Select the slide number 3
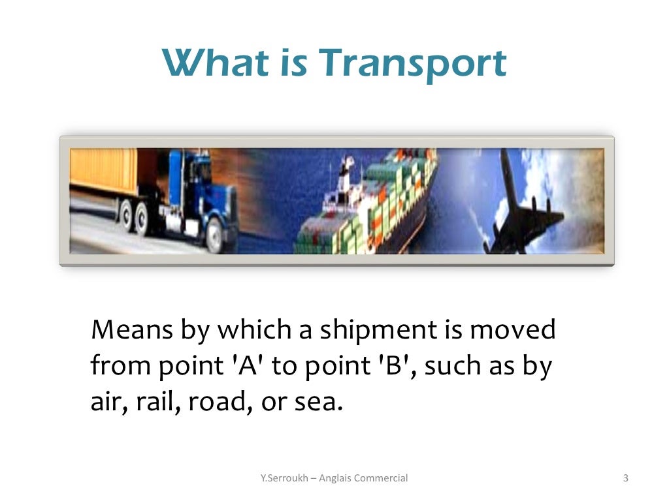(x=625, y=478)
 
